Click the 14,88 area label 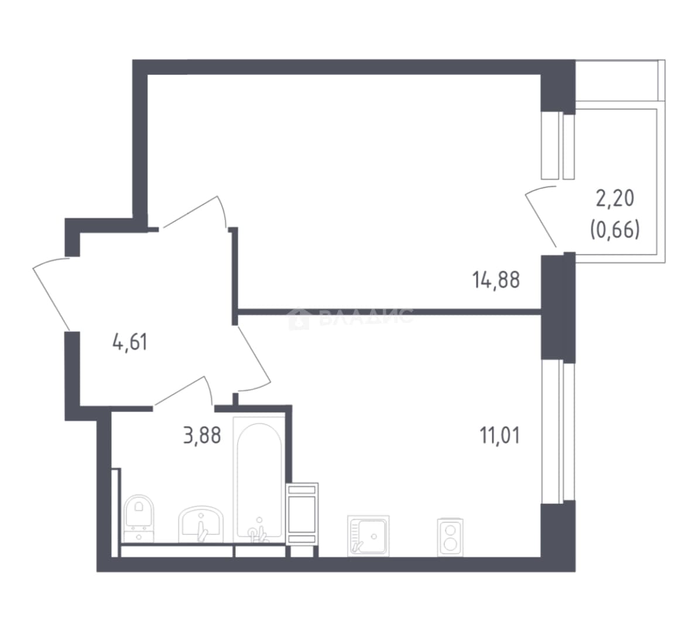point(496,280)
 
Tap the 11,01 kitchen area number point(500,435)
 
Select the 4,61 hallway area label point(130,342)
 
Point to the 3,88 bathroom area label point(202,435)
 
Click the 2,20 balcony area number point(615,198)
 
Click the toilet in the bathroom point(139,518)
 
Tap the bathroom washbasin point(201,524)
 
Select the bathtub point(259,480)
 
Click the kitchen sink point(368,536)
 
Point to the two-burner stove point(450,538)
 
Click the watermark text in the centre point(366,317)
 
